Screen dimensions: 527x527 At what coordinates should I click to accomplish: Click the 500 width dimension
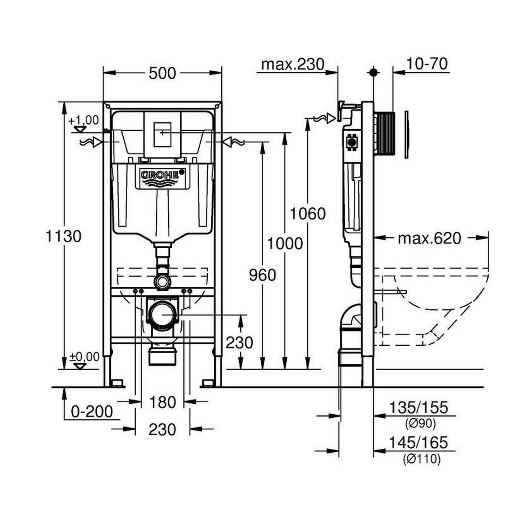(x=162, y=73)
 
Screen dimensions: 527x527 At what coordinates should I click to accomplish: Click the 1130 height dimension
(x=64, y=236)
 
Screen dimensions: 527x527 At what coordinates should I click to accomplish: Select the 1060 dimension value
(x=308, y=214)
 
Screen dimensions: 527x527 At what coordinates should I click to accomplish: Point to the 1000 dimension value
(x=285, y=243)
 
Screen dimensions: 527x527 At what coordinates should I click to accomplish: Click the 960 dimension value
(x=262, y=275)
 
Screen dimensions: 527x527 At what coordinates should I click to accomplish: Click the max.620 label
(x=429, y=239)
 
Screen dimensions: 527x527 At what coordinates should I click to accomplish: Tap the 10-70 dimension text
(x=427, y=64)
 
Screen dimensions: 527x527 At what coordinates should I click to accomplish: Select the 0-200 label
(x=92, y=411)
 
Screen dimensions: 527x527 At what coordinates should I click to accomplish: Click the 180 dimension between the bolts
(x=162, y=402)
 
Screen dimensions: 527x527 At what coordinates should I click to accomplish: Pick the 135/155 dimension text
(x=418, y=408)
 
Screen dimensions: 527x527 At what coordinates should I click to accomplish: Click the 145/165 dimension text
(x=418, y=443)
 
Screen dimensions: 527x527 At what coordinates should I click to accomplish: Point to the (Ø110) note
(x=421, y=458)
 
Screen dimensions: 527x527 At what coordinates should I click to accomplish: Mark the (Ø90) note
(x=420, y=423)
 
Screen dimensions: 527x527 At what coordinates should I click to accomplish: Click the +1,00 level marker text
(x=84, y=120)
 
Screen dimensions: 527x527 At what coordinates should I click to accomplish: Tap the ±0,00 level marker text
(x=84, y=357)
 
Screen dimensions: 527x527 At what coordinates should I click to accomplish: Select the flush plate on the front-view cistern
(x=162, y=134)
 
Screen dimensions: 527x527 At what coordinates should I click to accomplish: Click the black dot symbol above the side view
(x=373, y=72)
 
